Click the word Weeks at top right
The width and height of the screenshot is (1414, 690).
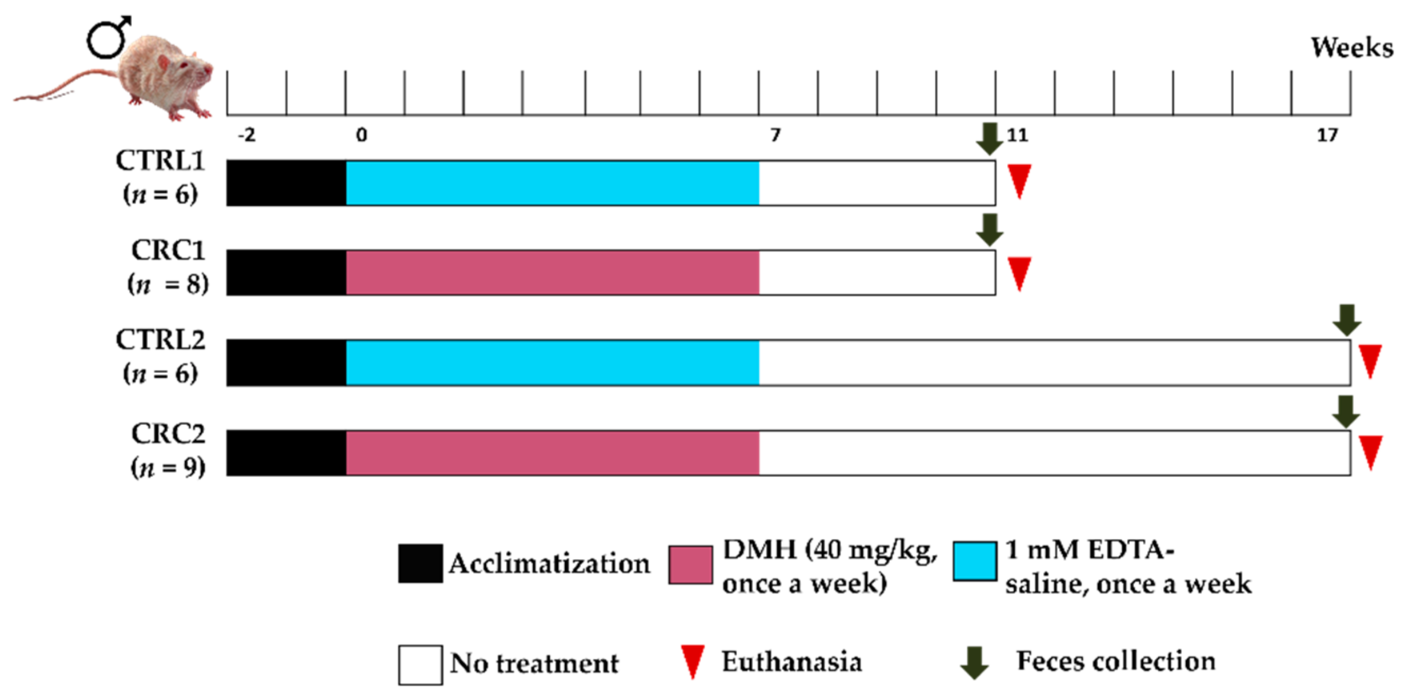point(1351,48)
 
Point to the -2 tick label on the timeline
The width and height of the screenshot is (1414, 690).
point(246,135)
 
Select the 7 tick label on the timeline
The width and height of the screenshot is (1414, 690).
point(774,135)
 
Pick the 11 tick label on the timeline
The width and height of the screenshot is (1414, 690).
point(1017,135)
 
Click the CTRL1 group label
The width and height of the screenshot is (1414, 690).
point(160,161)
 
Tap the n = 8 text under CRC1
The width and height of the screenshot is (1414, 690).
point(168,284)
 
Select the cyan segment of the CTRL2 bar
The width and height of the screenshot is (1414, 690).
point(552,363)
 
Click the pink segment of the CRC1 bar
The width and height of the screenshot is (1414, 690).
point(552,273)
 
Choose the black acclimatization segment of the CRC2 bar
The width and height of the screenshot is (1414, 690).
point(286,453)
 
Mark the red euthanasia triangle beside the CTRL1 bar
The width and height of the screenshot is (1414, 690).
point(1019,180)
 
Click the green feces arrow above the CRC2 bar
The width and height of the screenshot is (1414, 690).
point(1346,411)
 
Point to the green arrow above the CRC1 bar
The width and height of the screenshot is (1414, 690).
point(989,230)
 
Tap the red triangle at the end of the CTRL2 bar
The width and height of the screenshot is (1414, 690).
point(1369,360)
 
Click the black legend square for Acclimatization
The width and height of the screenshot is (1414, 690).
point(420,563)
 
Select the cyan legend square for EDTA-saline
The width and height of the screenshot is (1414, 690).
point(975,561)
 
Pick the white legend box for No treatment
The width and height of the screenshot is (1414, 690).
point(420,665)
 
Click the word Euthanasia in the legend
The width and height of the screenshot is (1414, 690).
point(791,661)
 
